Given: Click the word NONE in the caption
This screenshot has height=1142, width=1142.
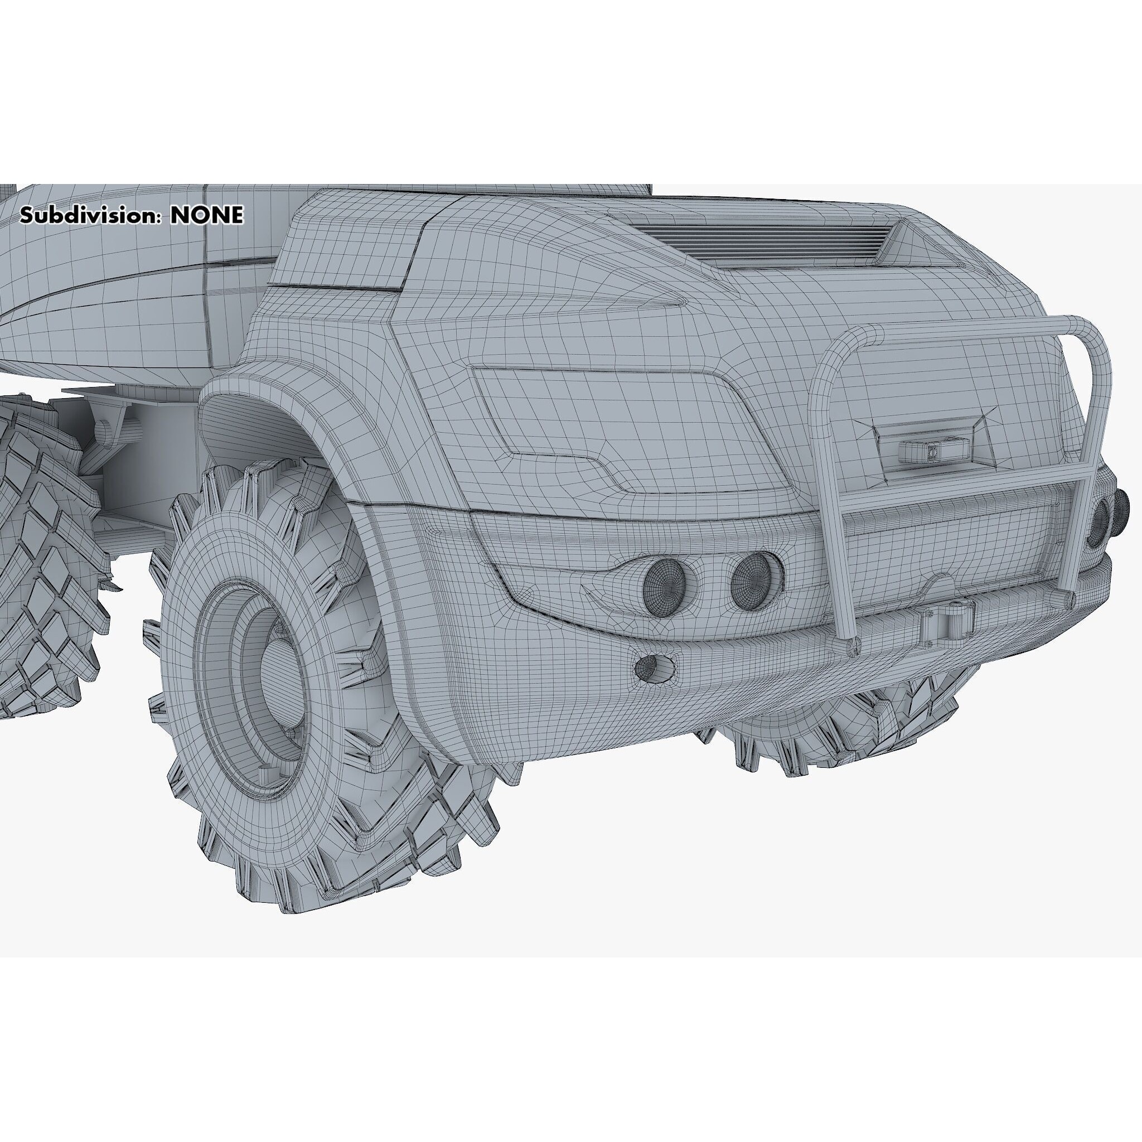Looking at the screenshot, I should [206, 216].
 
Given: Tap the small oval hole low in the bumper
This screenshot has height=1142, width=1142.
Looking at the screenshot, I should [654, 666].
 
